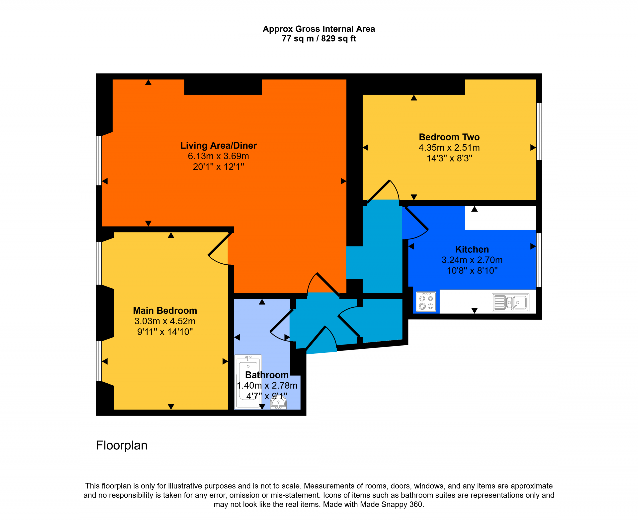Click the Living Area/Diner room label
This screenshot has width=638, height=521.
click(x=219, y=146)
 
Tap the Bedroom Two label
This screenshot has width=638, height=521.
click(x=449, y=137)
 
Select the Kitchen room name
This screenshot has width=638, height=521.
click(x=472, y=249)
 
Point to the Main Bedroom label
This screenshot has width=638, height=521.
click(x=165, y=311)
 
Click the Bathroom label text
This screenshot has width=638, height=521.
click(x=267, y=375)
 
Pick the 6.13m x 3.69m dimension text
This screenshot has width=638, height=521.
click(x=219, y=156)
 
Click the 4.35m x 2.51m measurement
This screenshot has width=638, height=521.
click(x=449, y=148)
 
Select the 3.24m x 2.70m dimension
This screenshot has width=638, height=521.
click(x=472, y=260)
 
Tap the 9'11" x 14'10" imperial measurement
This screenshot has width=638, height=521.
click(x=165, y=332)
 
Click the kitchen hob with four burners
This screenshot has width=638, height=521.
click(x=426, y=302)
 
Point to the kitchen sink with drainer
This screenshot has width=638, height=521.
click(x=511, y=302)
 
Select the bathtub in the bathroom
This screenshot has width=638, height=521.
click(x=248, y=382)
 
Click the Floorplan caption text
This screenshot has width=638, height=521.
click(x=122, y=446)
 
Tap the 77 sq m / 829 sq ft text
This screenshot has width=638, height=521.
click(x=319, y=39)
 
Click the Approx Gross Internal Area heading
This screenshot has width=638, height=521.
click(x=319, y=29)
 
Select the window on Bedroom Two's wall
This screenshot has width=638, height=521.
click(x=539, y=131)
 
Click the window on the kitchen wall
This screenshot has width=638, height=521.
click(x=539, y=260)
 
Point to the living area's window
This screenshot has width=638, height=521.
click(x=99, y=161)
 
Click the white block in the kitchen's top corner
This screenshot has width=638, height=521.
click(x=501, y=218)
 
